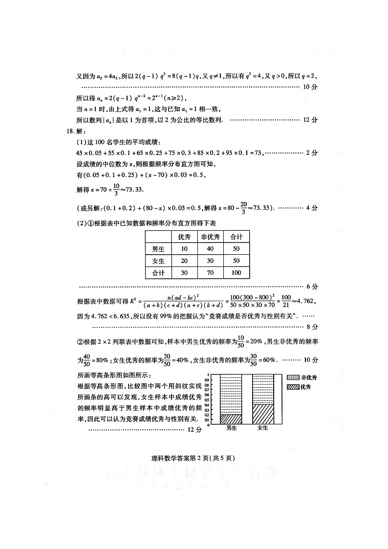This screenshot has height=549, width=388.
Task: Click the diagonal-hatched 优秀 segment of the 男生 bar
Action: [231, 419]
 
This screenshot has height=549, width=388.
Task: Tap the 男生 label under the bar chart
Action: [231, 428]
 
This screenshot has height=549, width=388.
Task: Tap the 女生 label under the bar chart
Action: [262, 428]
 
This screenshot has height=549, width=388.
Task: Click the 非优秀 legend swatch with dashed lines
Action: [293, 378]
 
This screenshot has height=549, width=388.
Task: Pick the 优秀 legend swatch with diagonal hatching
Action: [293, 387]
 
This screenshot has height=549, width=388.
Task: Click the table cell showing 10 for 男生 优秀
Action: [184, 249]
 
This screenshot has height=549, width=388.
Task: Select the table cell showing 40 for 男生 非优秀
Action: [211, 249]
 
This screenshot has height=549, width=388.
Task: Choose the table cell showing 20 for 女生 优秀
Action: [184, 261]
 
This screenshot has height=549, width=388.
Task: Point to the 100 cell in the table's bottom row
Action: [237, 273]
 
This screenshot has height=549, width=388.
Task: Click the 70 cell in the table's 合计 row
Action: [211, 273]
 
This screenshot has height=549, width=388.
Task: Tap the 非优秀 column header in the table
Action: [211, 237]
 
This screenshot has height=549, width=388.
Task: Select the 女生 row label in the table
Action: [158, 261]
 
